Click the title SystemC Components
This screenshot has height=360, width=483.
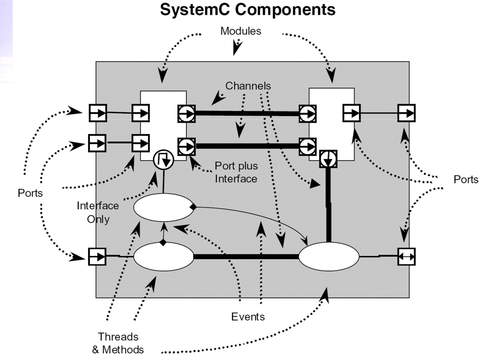click(x=248, y=9)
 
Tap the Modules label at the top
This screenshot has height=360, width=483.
click(x=240, y=31)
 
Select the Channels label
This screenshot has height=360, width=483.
click(x=248, y=86)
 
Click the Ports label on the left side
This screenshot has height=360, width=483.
click(x=30, y=193)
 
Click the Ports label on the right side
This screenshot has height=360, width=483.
click(x=466, y=179)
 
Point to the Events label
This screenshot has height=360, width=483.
click(x=248, y=316)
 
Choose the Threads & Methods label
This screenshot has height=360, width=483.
click(x=118, y=343)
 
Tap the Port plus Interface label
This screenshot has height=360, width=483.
click(x=236, y=172)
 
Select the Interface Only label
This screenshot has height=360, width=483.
click(x=98, y=212)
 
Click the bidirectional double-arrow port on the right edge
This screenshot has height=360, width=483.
click(x=406, y=257)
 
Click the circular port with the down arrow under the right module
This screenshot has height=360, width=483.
click(x=328, y=159)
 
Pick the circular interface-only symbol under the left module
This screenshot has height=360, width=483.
click(x=163, y=160)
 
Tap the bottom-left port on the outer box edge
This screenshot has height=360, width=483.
click(x=97, y=257)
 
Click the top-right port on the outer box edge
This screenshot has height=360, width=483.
click(x=406, y=113)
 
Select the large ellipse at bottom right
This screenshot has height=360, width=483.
click(x=329, y=256)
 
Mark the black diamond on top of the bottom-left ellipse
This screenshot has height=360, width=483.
click(x=163, y=242)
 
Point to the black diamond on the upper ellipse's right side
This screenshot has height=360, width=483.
click(x=193, y=207)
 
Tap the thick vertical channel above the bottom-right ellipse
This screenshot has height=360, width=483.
click(x=328, y=204)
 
